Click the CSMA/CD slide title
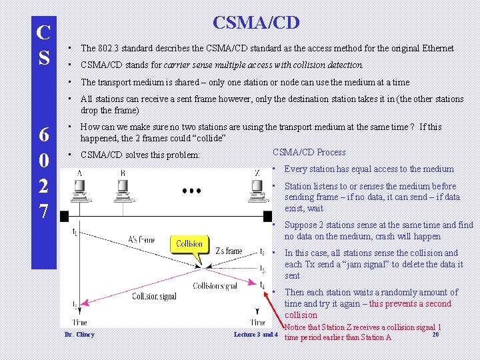pyautogui.click(x=256, y=23)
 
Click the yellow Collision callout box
pyautogui.click(x=189, y=244)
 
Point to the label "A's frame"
pyautogui.click(x=141, y=240)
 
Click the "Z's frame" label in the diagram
pyautogui.click(x=229, y=251)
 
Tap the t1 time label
pyautogui.click(x=75, y=232)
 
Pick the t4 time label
pyautogui.click(x=262, y=285)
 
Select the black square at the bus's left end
pyautogui.click(x=65, y=217)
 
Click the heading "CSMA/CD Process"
pyautogui.click(x=309, y=152)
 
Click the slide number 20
pyautogui.click(x=435, y=334)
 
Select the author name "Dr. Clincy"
pyautogui.click(x=79, y=334)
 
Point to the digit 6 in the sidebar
pyautogui.click(x=44, y=135)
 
